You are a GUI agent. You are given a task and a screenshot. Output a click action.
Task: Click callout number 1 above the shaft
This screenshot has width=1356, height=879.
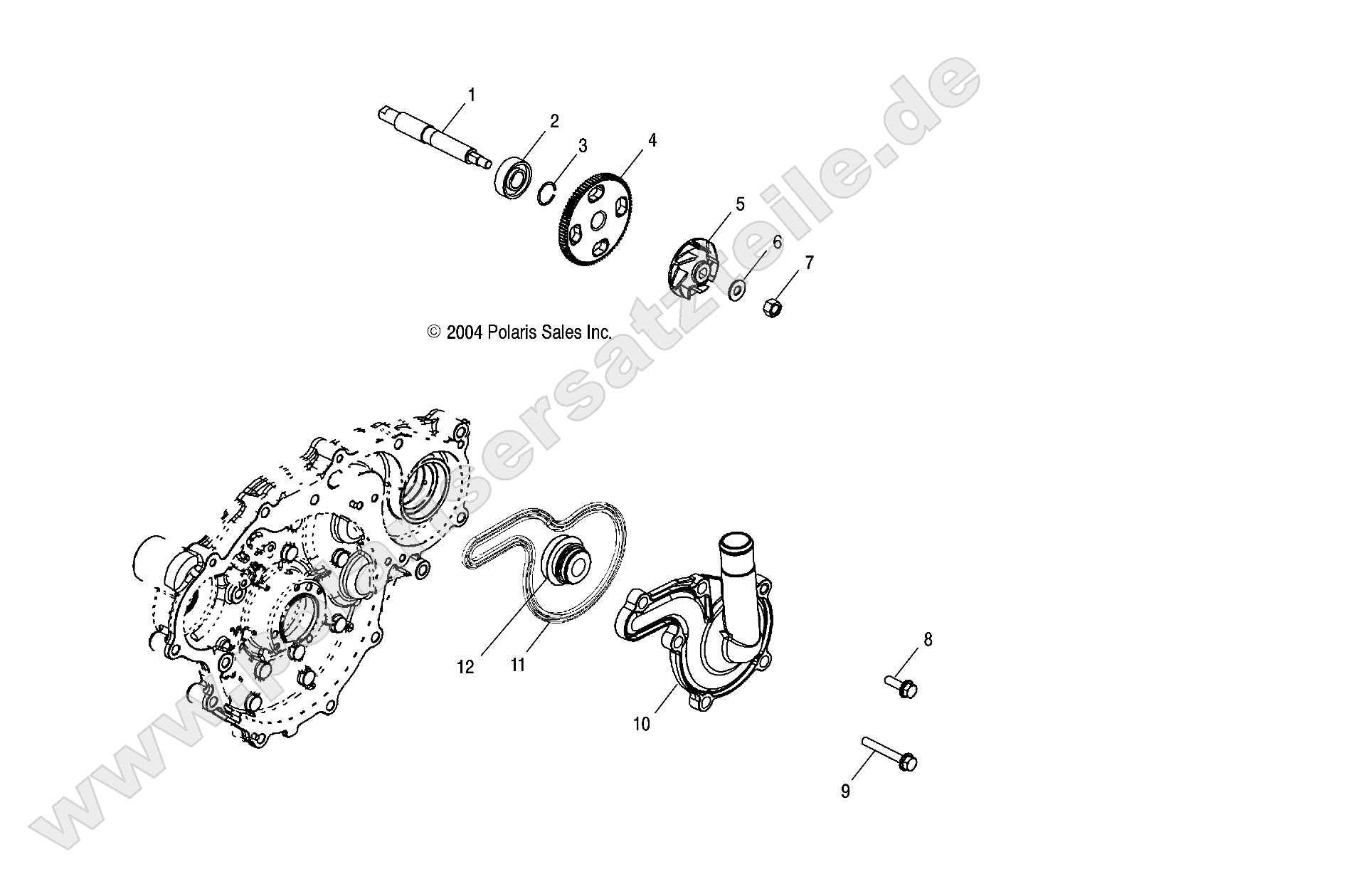[471, 94]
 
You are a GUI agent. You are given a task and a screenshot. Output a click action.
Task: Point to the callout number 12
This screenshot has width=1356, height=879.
[465, 668]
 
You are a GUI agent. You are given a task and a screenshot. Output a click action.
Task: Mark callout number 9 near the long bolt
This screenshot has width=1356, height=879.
[845, 791]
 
